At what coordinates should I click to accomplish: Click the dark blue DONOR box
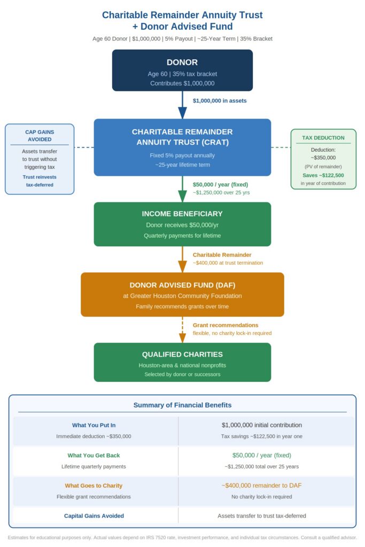182,70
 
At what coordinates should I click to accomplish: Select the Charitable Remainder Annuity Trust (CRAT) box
182,147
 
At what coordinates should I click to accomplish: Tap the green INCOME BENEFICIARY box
182,224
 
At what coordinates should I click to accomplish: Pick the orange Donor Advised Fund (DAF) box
182,294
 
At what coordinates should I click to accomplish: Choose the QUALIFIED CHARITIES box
182,362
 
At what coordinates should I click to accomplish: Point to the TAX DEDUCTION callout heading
323,137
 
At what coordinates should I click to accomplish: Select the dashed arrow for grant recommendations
182,330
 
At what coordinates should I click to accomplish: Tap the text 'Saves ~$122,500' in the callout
323,175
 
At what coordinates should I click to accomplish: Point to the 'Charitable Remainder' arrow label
222,255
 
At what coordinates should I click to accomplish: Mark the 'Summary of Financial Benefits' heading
182,405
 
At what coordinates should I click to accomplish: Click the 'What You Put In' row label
94,425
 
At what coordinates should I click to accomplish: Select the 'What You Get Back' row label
94,455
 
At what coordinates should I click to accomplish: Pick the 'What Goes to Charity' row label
94,486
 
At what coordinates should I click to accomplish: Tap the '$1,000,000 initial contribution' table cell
262,425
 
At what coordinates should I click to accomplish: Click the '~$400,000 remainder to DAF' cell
262,486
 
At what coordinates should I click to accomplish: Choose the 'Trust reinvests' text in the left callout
40,176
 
